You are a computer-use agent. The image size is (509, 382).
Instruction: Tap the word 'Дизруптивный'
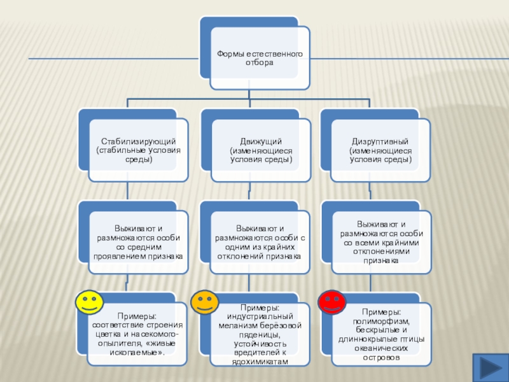tap(380, 141)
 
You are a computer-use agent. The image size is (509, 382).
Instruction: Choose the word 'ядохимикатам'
tap(261, 361)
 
